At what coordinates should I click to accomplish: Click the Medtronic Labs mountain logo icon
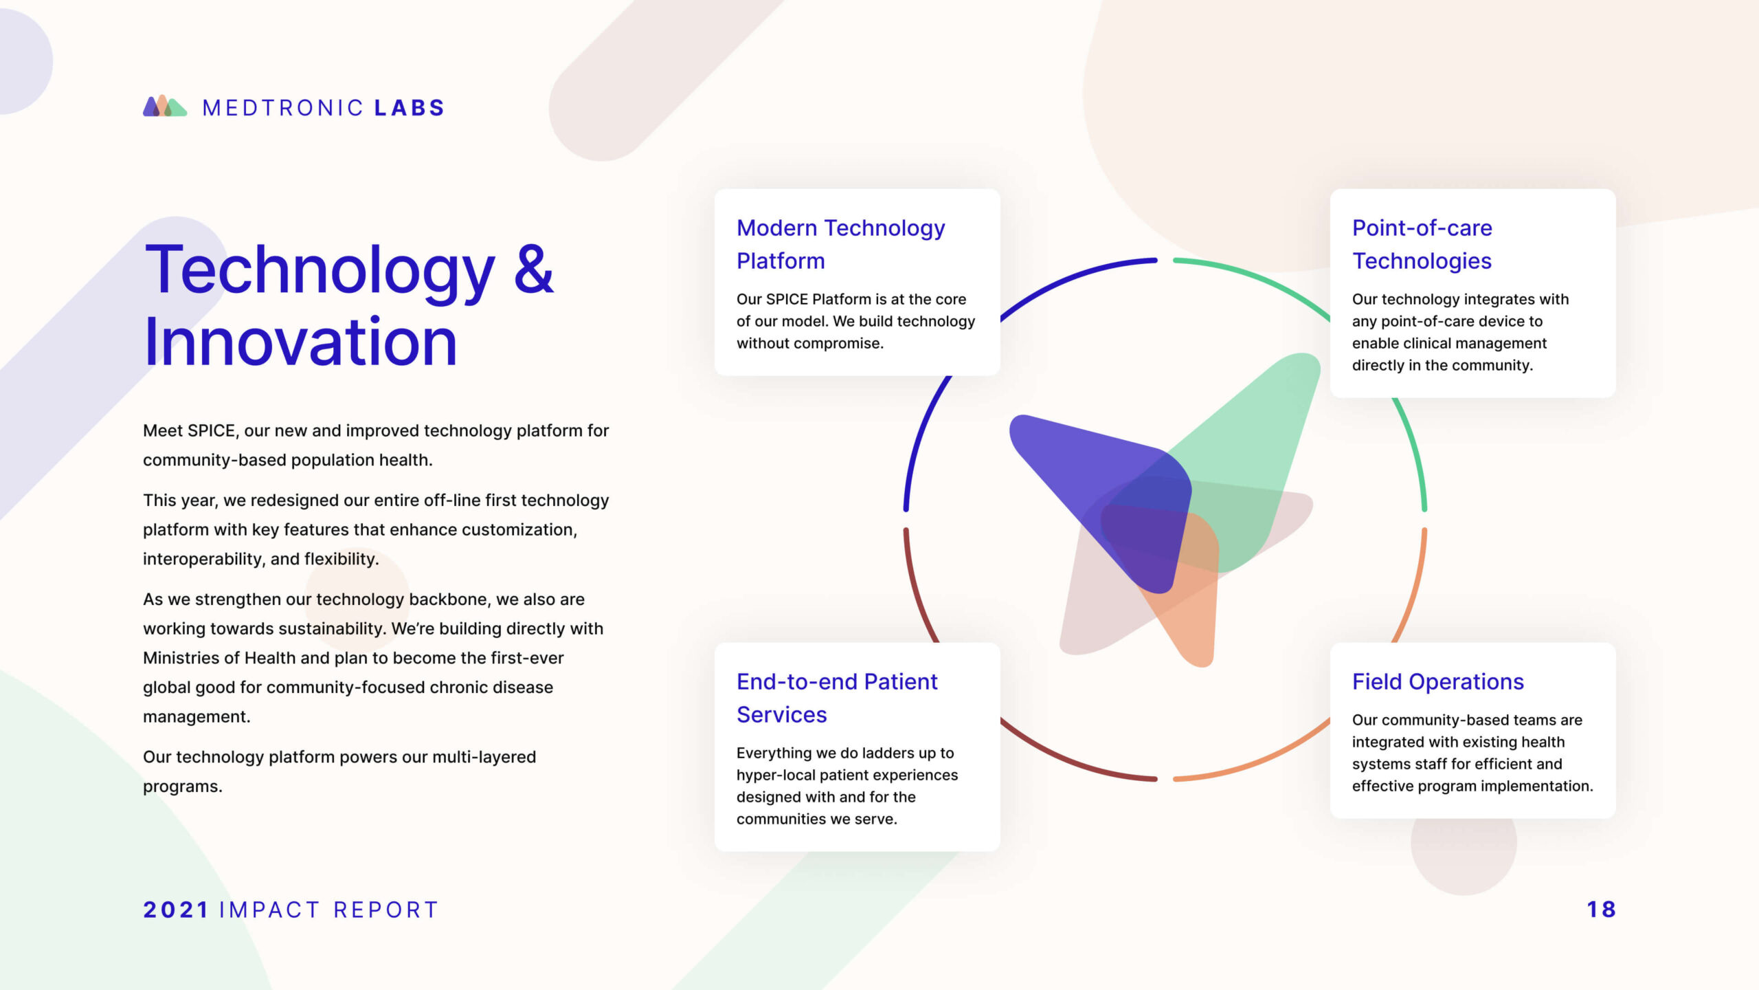pos(165,106)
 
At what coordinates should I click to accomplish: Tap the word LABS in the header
pos(410,108)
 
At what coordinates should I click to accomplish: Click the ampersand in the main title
pos(534,269)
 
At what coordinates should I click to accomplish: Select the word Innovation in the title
pos(300,342)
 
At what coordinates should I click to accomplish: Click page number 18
pos(1601,910)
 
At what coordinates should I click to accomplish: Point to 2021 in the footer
pos(176,910)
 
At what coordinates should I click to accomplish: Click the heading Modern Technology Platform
pos(840,244)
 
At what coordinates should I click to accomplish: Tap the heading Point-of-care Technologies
pos(1422,244)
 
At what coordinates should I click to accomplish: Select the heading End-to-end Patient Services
pos(837,698)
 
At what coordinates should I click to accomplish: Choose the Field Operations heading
pos(1438,681)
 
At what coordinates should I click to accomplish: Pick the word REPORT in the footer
pos(385,910)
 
